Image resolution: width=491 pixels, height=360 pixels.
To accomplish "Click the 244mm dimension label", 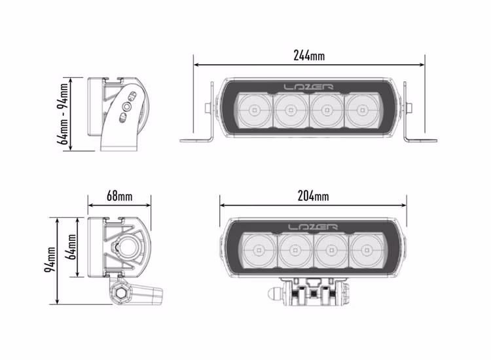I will coord(309,56).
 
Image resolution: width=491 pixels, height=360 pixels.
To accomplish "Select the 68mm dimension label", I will coord(119,196).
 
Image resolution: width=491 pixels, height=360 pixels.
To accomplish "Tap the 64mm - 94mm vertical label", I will coord(64,113).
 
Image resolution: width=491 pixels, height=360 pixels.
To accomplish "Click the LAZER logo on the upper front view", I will coord(308,87).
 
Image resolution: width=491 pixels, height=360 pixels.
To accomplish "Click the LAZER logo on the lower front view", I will coord(313,227).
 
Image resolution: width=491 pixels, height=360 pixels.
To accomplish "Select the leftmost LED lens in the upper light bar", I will coord(254,109).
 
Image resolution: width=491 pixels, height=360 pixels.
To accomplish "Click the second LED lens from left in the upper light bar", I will coord(290,109).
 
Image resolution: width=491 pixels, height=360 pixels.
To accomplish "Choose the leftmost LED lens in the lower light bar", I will coord(259,250).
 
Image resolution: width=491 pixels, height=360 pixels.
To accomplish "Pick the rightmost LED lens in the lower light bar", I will coord(367,250).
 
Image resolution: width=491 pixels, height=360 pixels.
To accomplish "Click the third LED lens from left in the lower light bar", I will coord(331,250).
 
